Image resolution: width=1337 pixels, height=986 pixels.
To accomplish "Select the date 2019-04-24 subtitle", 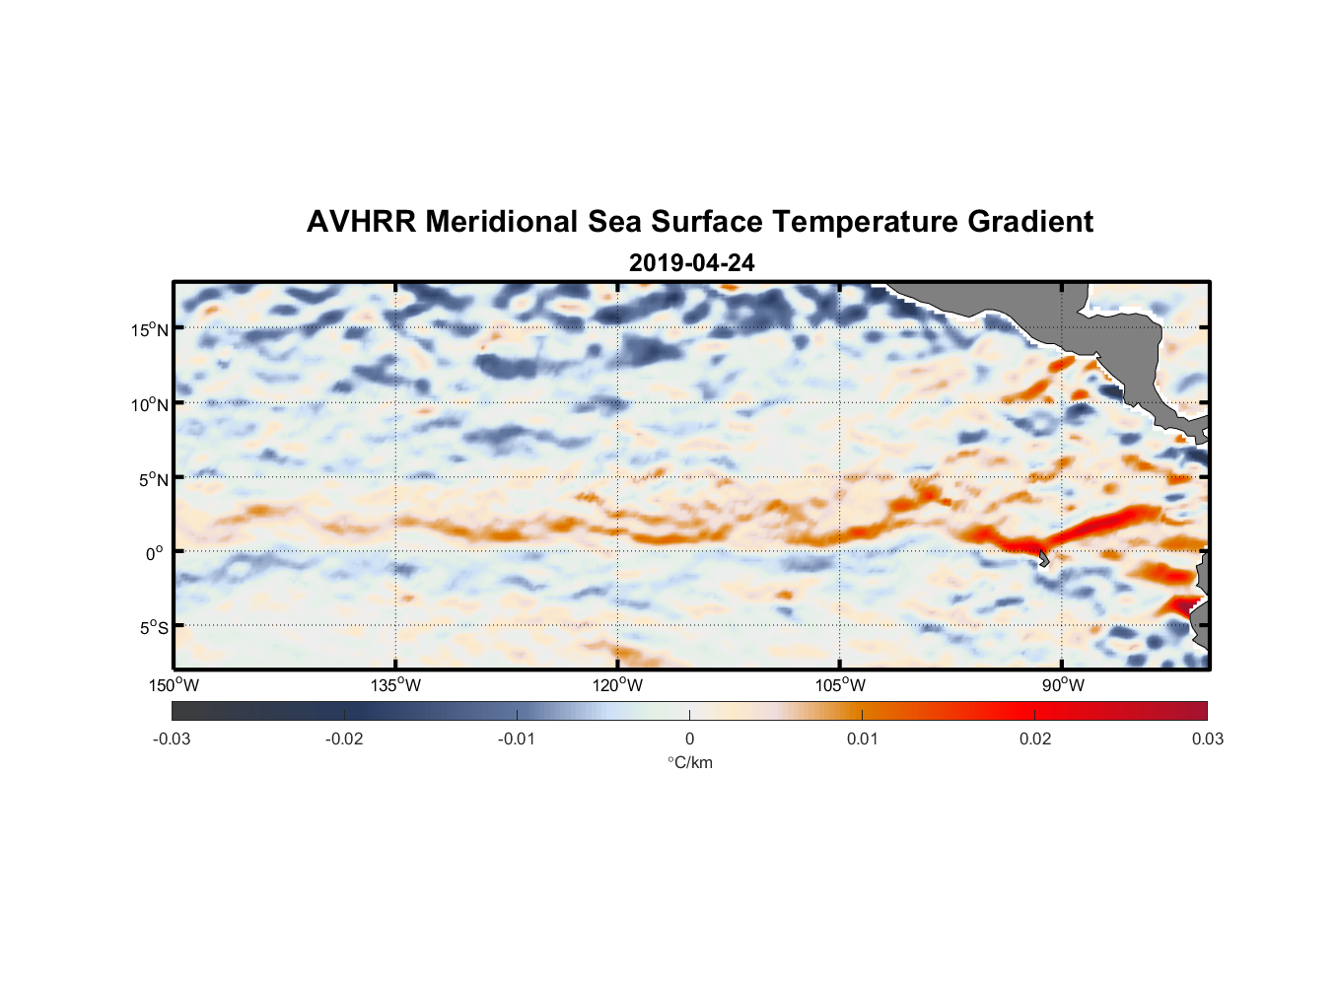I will click(x=691, y=263).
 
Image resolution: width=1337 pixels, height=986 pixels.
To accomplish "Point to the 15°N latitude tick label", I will click(x=150, y=329).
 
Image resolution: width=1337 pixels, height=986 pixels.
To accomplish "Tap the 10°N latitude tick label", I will click(x=150, y=404).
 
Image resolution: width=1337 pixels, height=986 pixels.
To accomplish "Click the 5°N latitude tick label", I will click(x=153, y=479).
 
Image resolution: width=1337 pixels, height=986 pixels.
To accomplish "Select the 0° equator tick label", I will click(x=155, y=553).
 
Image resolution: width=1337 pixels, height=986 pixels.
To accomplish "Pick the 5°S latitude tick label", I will click(x=153, y=627).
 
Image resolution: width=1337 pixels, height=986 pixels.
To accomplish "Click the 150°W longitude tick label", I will click(x=174, y=685).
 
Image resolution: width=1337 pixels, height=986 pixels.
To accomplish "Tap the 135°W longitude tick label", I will click(x=395, y=685).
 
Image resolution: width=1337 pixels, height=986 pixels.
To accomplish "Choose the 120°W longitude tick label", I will click(x=617, y=685).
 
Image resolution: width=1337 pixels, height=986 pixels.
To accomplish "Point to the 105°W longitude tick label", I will click(x=840, y=685).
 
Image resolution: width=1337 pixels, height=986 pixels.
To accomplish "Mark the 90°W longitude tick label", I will click(x=1063, y=685).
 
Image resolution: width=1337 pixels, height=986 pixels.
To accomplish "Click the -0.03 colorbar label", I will click(x=172, y=739).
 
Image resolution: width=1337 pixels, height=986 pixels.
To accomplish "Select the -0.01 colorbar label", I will click(x=517, y=739).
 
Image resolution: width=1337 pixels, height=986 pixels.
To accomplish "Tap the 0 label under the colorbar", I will click(x=689, y=739).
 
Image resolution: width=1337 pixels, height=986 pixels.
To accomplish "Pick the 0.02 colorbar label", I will click(x=1035, y=739).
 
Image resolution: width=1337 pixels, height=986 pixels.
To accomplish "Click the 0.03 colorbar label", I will click(x=1207, y=739).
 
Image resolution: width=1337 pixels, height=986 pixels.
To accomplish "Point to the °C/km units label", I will click(x=689, y=762).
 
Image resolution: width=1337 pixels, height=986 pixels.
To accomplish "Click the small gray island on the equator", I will click(x=1043, y=559).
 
